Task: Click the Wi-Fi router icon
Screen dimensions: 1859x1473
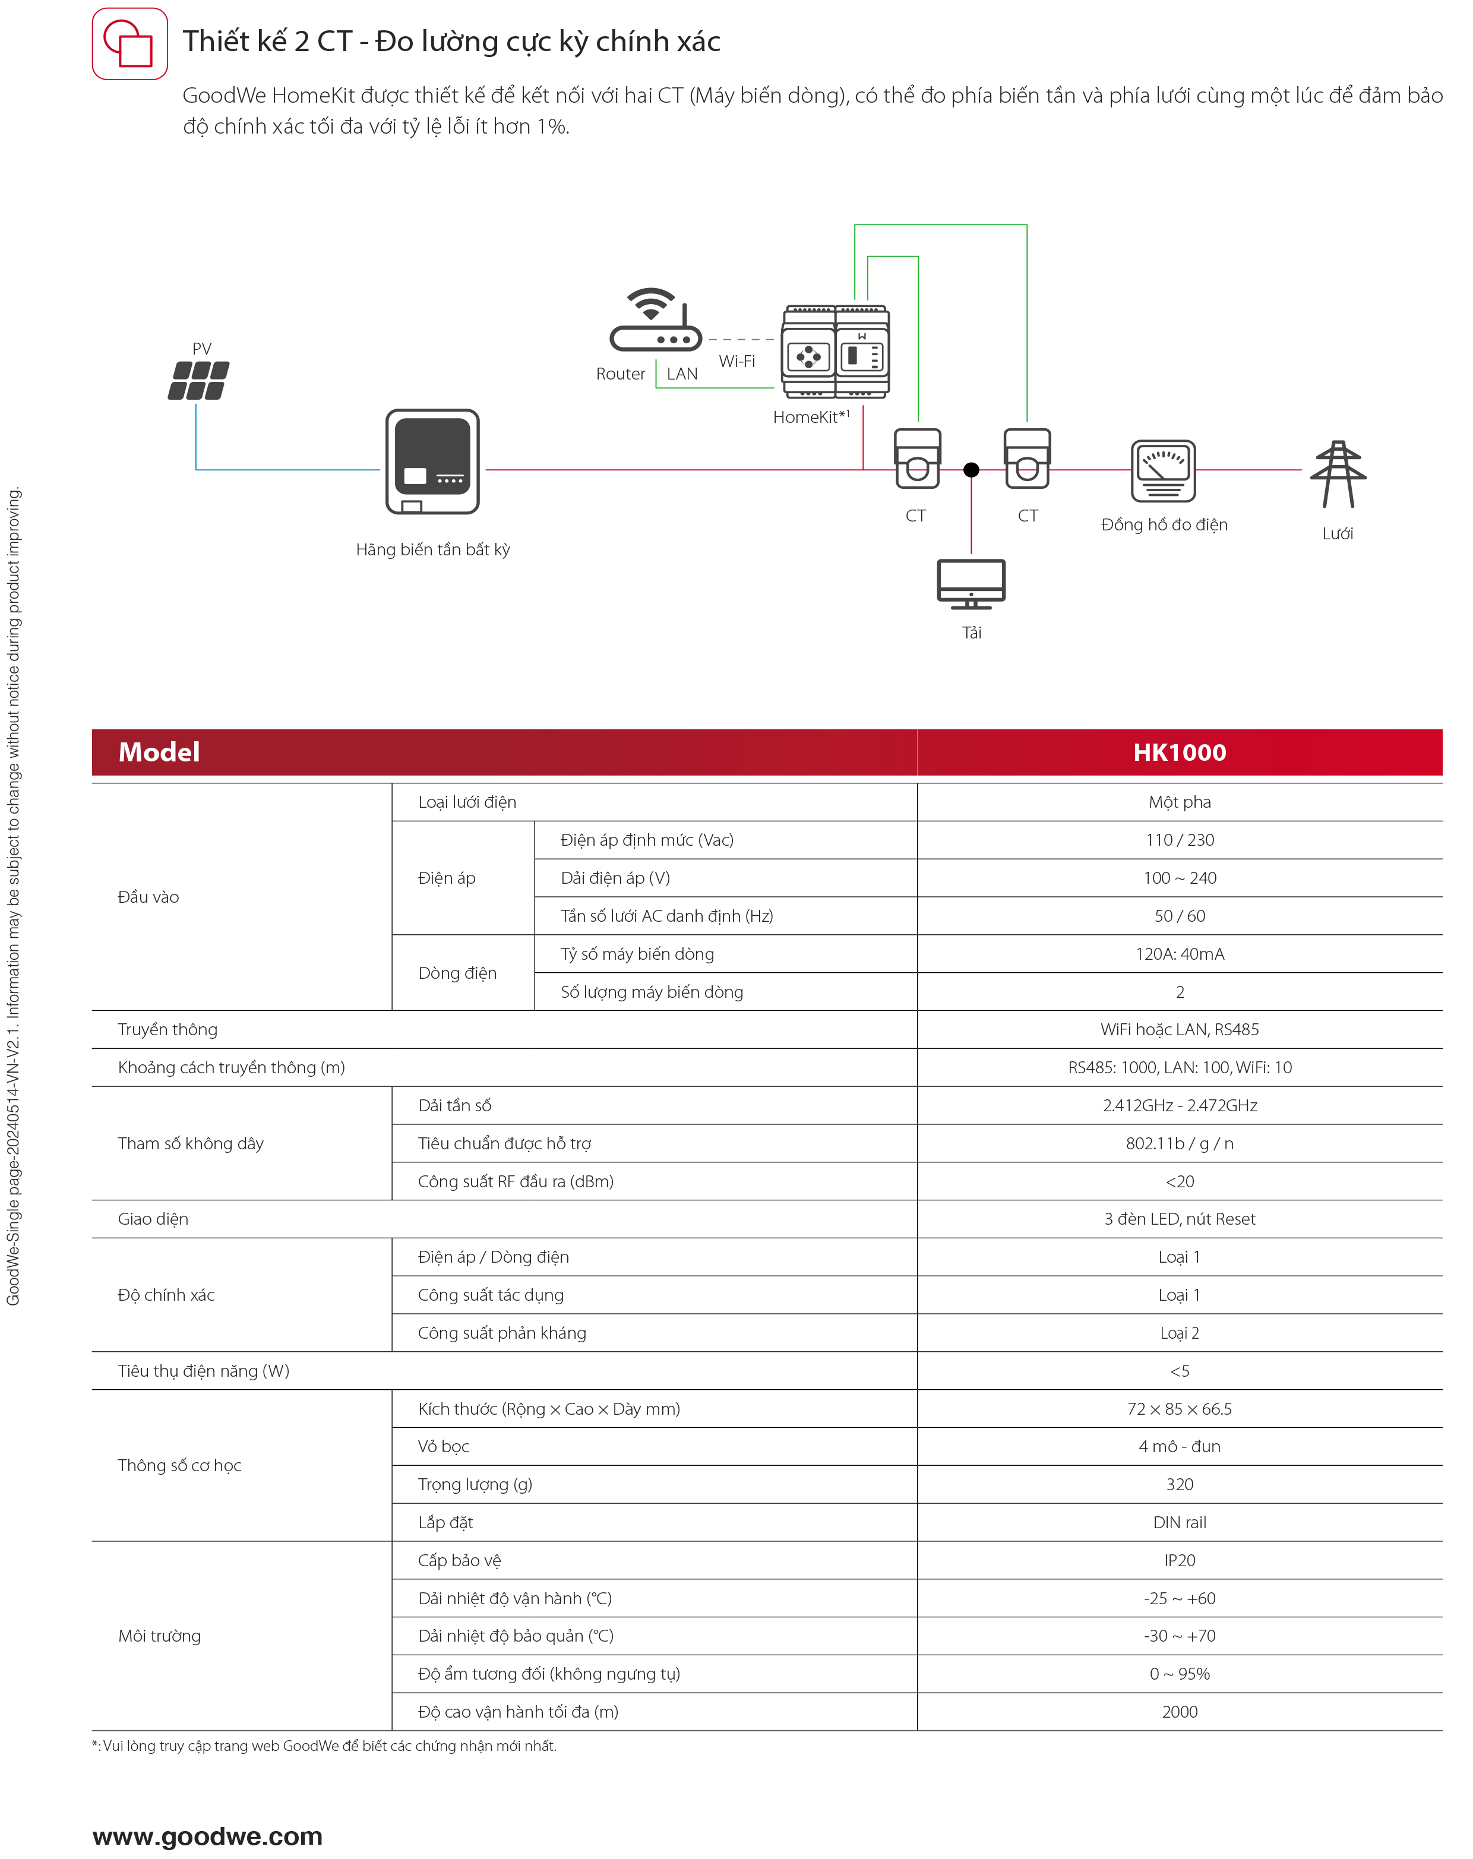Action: click(656, 320)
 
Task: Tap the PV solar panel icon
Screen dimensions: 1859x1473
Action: click(198, 380)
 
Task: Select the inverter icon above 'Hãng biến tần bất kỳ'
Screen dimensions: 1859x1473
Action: click(432, 461)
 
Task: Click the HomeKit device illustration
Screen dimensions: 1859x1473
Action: click(836, 352)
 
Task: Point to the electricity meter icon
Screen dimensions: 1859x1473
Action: click(1164, 471)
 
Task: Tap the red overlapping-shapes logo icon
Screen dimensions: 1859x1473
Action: click(130, 44)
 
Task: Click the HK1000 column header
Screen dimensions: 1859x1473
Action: click(1179, 753)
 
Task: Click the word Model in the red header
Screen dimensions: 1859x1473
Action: click(160, 753)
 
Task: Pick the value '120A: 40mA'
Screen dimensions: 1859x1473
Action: click(1179, 954)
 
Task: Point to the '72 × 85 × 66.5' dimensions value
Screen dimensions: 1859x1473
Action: click(1179, 1409)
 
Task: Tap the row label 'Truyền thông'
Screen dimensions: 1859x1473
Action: click(167, 1029)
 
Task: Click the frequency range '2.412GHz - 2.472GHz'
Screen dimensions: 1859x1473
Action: click(1179, 1105)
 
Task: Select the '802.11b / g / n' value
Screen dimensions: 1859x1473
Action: click(1179, 1143)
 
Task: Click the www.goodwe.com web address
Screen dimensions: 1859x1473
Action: click(208, 1836)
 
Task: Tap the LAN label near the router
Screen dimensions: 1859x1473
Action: click(681, 374)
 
